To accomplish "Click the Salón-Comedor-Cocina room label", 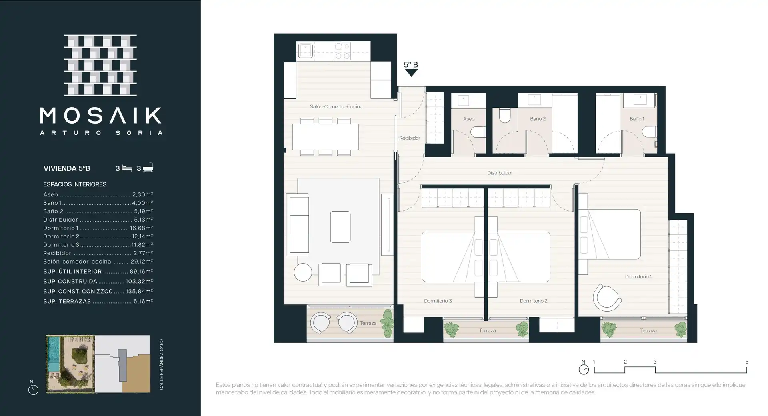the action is point(336,106).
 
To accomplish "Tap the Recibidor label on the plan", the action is point(410,138).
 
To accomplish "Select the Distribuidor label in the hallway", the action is point(500,173).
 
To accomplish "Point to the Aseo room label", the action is point(469,119).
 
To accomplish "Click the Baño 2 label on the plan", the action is point(538,119).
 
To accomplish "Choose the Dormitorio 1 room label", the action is point(638,276).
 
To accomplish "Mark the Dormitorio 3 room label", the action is point(438,301).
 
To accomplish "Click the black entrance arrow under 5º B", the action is point(411,73).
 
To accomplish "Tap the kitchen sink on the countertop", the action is point(305,51).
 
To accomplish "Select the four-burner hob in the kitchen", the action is point(342,51).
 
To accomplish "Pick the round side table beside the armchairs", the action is point(303,272).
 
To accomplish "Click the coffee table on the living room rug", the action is point(340,227).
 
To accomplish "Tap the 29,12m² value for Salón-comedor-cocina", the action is point(142,262).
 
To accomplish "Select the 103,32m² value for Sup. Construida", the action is point(139,282).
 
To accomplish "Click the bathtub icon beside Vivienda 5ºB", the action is point(148,168).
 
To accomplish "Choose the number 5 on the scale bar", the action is point(746,362).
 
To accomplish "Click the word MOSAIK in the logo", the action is point(101,116).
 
